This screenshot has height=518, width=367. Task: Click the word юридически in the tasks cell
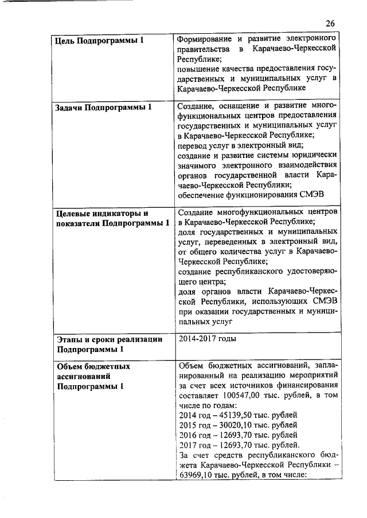tap(312, 155)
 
